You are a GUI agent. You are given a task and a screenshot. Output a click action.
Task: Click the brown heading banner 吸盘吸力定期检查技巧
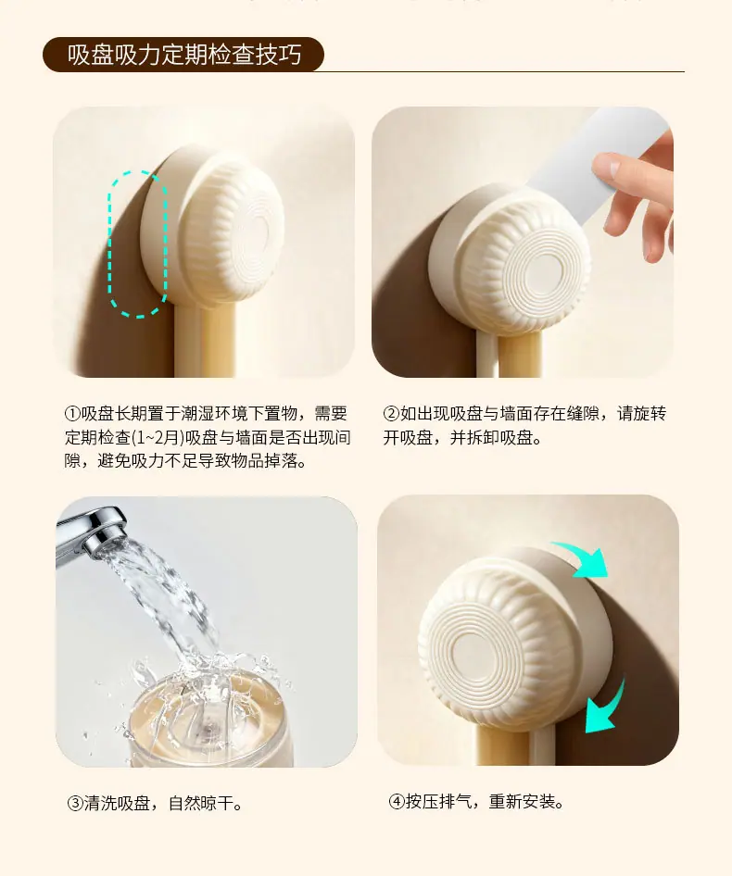[x=183, y=55]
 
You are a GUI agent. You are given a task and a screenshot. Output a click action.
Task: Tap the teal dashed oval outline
[x=109, y=245]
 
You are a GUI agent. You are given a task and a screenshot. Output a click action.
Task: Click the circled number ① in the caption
[x=72, y=414]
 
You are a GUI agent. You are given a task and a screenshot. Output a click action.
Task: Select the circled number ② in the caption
[x=391, y=414]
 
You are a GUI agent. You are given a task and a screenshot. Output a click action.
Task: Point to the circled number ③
[x=75, y=804]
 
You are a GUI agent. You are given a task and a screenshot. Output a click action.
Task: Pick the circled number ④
[x=397, y=802]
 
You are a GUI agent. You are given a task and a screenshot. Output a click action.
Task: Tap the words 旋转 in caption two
[x=650, y=414]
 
